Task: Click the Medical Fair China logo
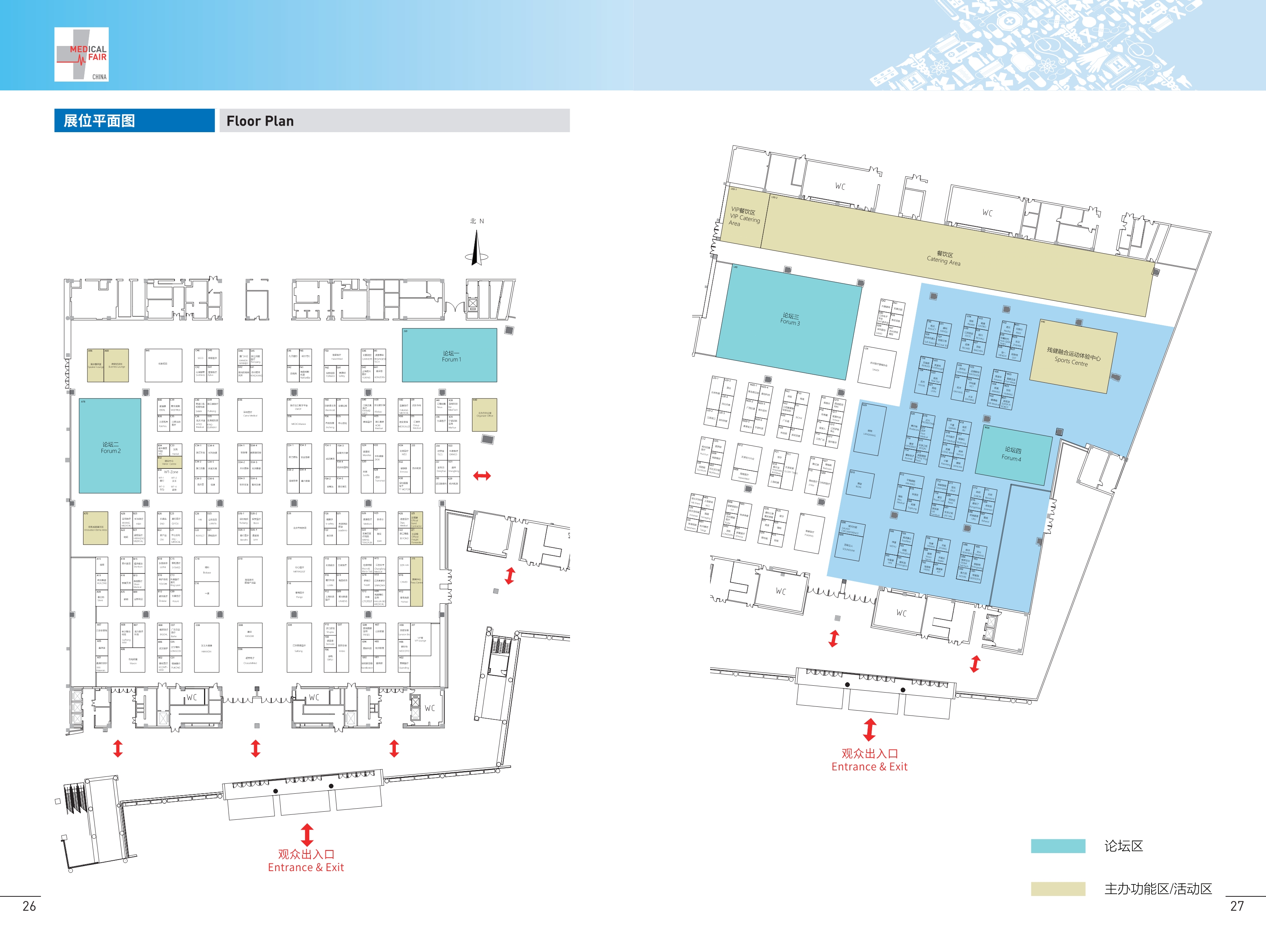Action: click(81, 54)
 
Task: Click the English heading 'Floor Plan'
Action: click(260, 121)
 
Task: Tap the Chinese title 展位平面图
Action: click(99, 121)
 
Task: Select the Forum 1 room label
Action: click(451, 357)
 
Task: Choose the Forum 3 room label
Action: click(791, 319)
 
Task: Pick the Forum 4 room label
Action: click(1012, 454)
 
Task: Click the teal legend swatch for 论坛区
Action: click(1058, 846)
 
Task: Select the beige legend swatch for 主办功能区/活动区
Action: click(1058, 888)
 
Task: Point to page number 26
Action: click(29, 906)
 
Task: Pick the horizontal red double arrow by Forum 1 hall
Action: click(482, 475)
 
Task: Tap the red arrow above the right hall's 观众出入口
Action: click(869, 729)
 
